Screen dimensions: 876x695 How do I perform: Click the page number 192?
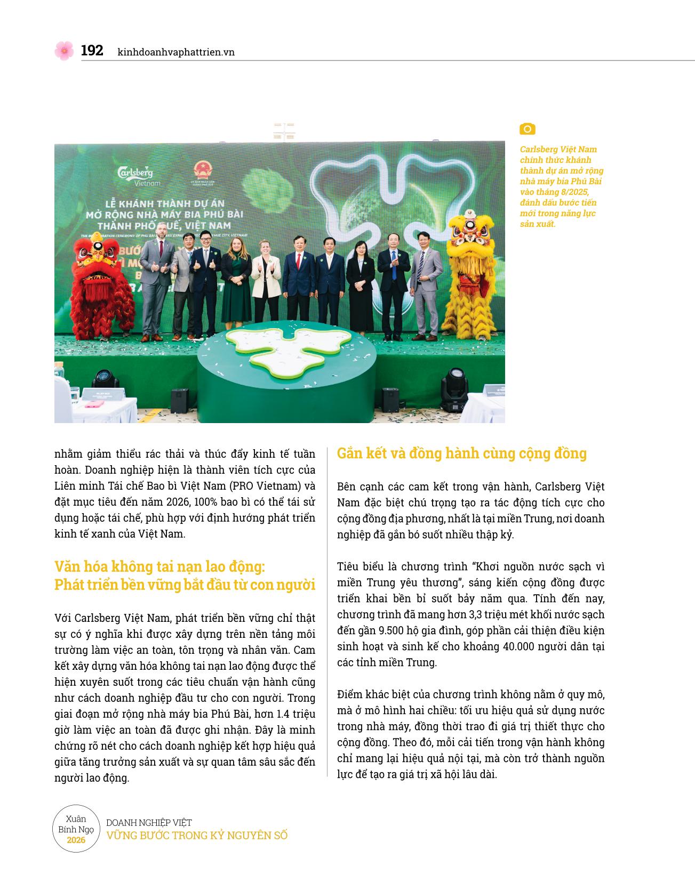(x=92, y=51)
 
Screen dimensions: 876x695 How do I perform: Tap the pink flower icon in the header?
(x=64, y=51)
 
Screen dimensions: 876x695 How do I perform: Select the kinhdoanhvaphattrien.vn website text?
(x=176, y=52)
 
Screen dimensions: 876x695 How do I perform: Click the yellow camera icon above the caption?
(x=527, y=129)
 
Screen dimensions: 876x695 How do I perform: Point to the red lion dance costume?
(x=103, y=285)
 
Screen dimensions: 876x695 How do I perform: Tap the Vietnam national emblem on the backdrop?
(x=203, y=172)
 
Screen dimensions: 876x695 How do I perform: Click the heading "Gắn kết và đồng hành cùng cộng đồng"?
(x=462, y=453)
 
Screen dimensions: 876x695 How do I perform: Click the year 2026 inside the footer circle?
(x=76, y=840)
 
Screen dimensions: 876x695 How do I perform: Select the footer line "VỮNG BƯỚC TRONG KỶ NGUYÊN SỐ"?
(x=197, y=836)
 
